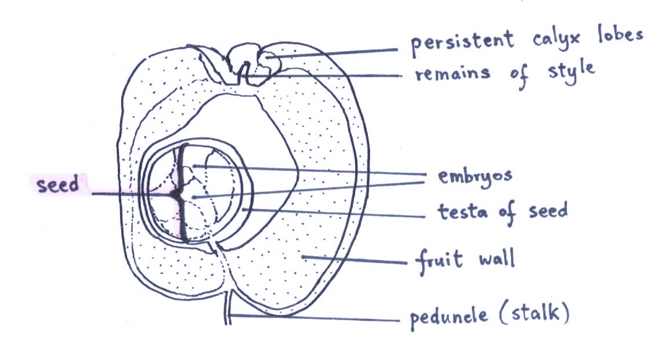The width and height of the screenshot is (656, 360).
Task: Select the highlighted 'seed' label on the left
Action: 58,186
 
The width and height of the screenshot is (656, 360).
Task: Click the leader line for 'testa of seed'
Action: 335,213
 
